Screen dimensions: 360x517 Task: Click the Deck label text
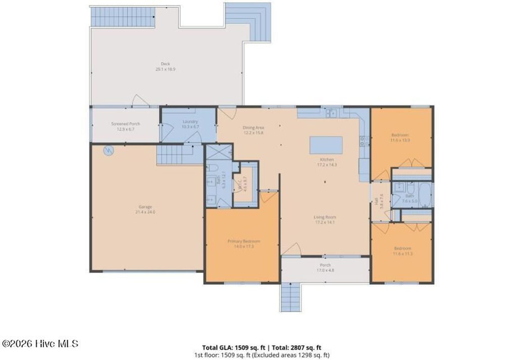click(165, 64)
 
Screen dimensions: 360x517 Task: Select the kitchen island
click(326, 145)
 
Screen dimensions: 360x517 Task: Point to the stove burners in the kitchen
click(363, 141)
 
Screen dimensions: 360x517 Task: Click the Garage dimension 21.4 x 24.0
click(145, 212)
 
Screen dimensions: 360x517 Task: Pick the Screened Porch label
click(125, 124)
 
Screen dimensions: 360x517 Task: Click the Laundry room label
click(190, 121)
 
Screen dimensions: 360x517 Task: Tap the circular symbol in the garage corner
click(108, 150)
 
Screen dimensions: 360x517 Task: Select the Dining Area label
click(253, 127)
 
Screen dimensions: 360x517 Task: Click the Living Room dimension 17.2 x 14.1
click(325, 222)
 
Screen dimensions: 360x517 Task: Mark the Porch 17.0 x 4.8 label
click(325, 268)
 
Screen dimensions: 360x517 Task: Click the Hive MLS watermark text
click(40, 344)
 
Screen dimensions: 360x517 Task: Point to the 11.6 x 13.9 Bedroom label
click(400, 137)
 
